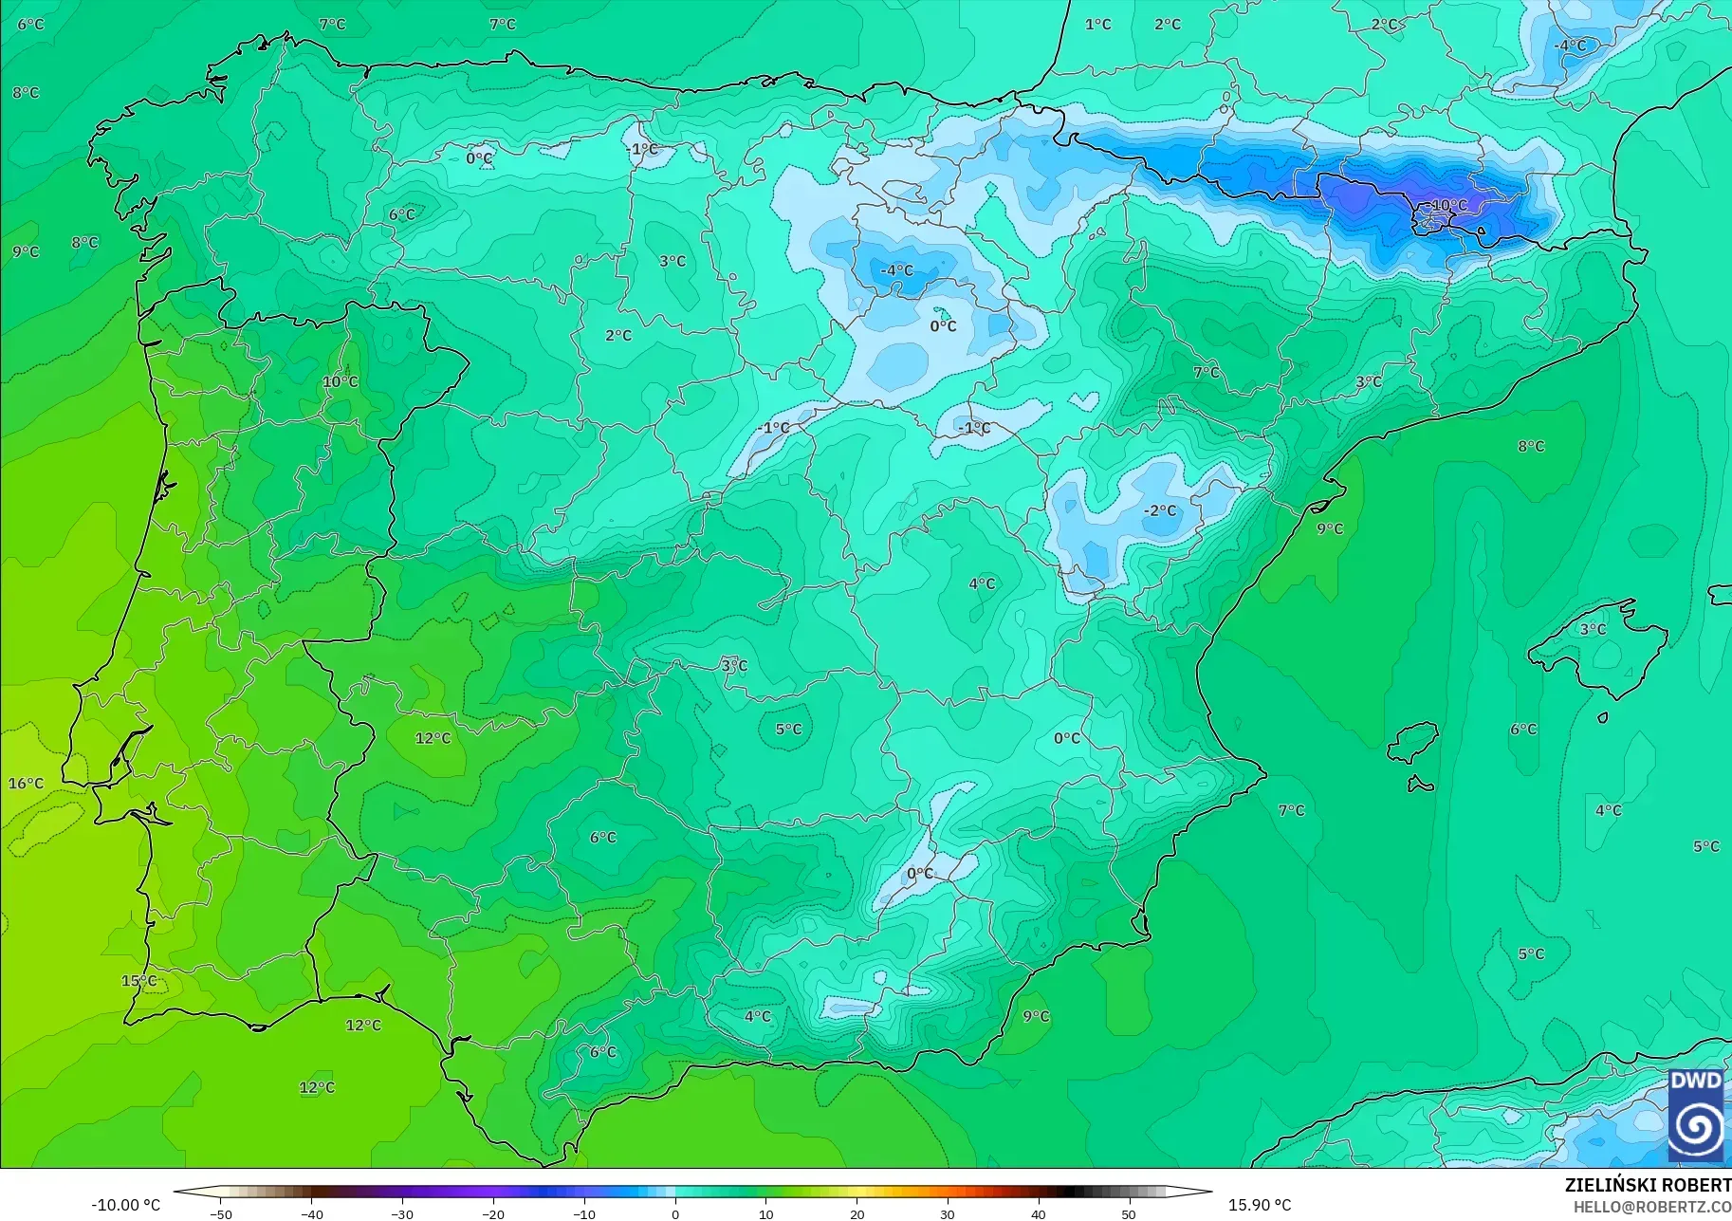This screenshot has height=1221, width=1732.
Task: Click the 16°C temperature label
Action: coord(27,784)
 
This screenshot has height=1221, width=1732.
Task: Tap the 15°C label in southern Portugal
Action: coord(138,981)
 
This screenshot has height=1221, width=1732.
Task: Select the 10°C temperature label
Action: coord(341,381)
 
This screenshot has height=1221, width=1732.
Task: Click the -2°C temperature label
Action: coord(1159,510)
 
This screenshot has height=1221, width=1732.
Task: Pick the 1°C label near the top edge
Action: coord(1098,25)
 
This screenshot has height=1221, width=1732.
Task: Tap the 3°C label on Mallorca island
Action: coord(1593,629)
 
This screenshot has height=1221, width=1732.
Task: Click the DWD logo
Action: coord(1695,1115)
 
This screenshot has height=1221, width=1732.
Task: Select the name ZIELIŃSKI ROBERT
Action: coord(1648,1186)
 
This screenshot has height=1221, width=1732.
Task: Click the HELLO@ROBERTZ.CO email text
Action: coord(1652,1208)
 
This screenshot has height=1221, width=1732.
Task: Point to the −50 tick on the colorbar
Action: coord(221,1214)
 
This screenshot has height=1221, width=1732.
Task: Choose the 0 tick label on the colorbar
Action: coord(675,1214)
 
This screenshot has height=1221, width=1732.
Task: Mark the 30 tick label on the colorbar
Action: coord(948,1214)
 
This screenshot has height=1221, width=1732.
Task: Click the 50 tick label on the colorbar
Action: coord(1129,1214)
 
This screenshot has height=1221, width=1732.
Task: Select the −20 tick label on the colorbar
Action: coord(493,1214)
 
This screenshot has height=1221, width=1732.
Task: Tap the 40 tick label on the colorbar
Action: coord(1039,1214)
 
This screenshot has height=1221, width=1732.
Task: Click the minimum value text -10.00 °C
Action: coord(126,1205)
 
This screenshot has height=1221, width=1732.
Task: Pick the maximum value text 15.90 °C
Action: coord(1260,1205)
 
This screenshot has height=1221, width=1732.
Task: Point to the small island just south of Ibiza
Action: coord(1420,785)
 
